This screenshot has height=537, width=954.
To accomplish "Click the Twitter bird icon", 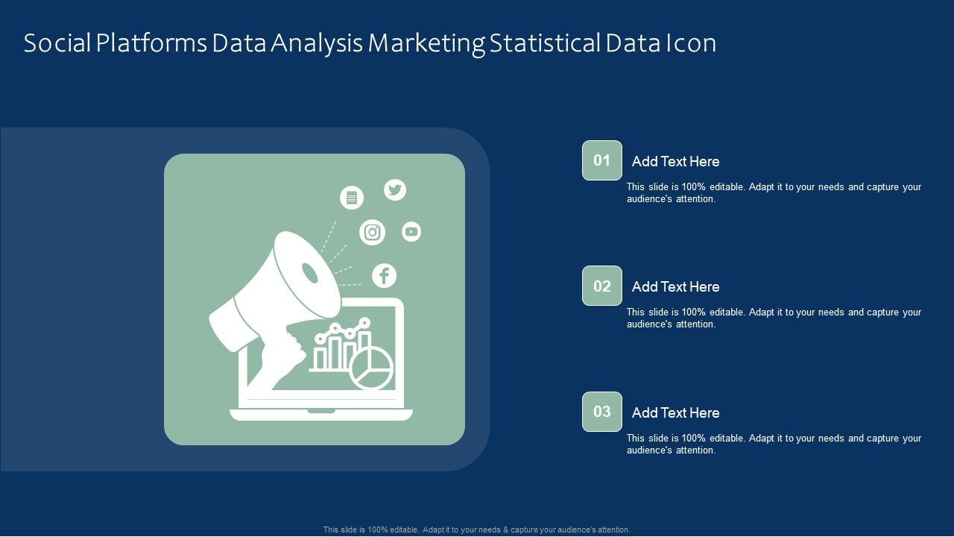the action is pyautogui.click(x=395, y=189).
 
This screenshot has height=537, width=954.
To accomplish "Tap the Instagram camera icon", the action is pyautogui.click(x=372, y=232).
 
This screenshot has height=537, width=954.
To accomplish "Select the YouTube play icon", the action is pyautogui.click(x=411, y=232).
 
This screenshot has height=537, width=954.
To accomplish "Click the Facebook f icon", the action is pyautogui.click(x=384, y=276).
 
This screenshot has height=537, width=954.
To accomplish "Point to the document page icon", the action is pyautogui.click(x=352, y=198).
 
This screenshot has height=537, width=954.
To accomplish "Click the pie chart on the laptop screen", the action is pyautogui.click(x=371, y=368).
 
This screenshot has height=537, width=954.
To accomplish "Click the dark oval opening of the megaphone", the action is pyautogui.click(x=309, y=273).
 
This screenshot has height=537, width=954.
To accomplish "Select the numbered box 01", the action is pyautogui.click(x=601, y=160).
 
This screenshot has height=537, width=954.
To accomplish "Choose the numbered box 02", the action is pyautogui.click(x=601, y=286).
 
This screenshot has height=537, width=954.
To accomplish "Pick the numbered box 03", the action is pyautogui.click(x=601, y=412).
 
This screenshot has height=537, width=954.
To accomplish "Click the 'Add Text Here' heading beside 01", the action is pyautogui.click(x=675, y=162).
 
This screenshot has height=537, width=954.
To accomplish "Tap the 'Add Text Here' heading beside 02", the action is pyautogui.click(x=675, y=287).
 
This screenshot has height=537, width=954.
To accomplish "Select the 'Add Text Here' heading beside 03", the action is pyautogui.click(x=675, y=412).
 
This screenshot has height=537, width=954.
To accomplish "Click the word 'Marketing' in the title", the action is pyautogui.click(x=426, y=44).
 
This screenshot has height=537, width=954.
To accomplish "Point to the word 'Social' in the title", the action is pyautogui.click(x=57, y=43).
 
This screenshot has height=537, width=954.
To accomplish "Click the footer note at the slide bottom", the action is pyautogui.click(x=476, y=530).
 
